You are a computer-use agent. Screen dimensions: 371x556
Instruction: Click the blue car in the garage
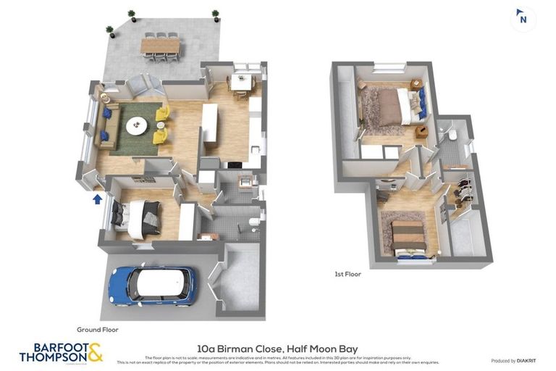pos(153,285)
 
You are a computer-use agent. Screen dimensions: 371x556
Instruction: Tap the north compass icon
pos(522,18)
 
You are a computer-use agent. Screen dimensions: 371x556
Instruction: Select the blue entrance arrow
pos(97,199)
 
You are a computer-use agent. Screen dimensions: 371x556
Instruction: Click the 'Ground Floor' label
pos(97,330)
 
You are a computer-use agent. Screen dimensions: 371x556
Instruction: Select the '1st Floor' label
pos(347,274)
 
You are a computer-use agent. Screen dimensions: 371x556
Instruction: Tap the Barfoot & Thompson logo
pos(61,353)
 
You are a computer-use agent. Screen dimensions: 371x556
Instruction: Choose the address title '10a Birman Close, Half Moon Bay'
pos(277,349)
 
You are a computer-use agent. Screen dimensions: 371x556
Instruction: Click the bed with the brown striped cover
pos(408,237)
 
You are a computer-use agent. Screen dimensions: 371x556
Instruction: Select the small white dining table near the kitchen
pos(240,81)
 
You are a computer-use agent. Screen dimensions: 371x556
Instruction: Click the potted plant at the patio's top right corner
pos(215,14)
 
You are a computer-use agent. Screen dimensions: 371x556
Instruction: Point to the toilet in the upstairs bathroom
pos(451,136)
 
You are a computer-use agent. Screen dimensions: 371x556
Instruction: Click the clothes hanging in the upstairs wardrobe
pos(463,192)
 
